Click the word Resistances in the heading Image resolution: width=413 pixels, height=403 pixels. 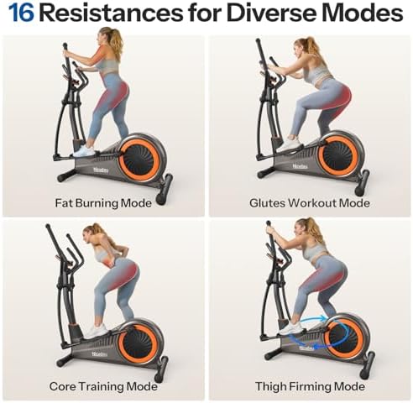[107, 14]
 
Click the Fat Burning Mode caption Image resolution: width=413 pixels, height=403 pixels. [103, 202]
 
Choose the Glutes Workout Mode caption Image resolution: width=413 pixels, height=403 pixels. [308, 202]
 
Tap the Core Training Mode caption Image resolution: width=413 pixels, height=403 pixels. [103, 386]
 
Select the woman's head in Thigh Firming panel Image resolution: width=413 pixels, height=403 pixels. [306, 229]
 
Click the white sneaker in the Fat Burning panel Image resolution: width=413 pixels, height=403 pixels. [85, 151]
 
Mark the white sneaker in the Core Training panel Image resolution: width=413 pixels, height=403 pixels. [97, 331]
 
